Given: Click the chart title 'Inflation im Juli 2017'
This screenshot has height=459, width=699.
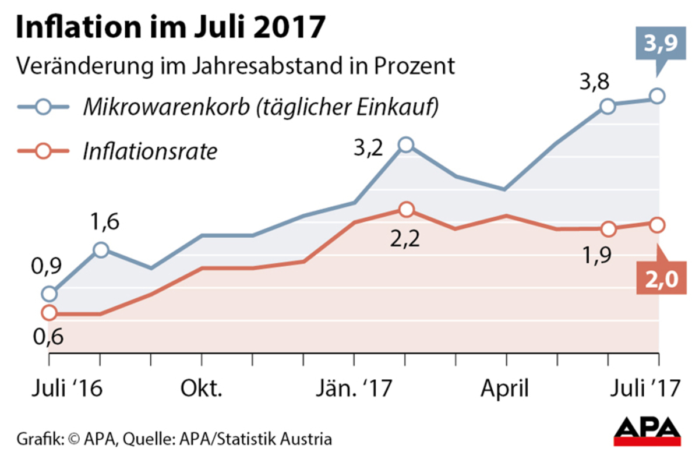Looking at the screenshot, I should [x=169, y=28].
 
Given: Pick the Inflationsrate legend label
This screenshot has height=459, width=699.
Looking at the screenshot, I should [x=150, y=152].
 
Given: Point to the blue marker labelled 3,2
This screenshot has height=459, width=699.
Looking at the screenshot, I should [x=406, y=145].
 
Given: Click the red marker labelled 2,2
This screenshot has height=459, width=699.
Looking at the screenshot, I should [x=406, y=210].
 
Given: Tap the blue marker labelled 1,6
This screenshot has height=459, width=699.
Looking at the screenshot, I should [x=101, y=250].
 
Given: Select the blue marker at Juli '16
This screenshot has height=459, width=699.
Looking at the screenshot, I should [x=50, y=294].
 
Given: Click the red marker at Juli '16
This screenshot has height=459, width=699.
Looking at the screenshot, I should [x=50, y=313].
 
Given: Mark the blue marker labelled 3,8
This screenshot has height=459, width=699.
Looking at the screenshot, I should [x=608, y=106].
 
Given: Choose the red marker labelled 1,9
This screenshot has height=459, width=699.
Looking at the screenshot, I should [x=608, y=229].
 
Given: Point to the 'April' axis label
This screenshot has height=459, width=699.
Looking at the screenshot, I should [x=506, y=389].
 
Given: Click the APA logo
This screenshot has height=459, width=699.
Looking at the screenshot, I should [x=648, y=431].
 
